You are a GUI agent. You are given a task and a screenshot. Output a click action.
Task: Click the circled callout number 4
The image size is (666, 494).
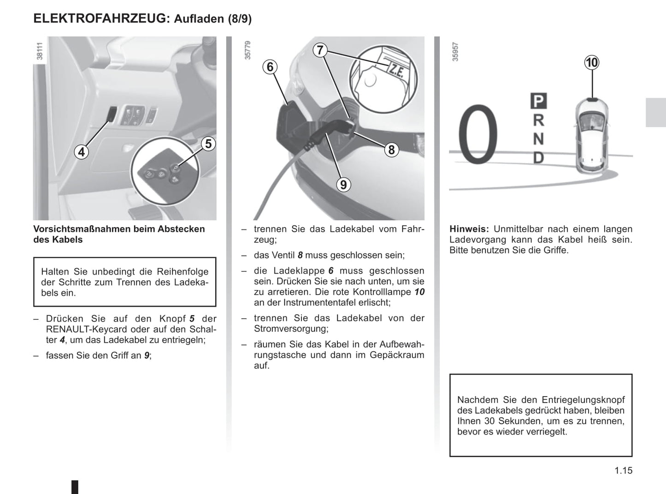pos(82,152)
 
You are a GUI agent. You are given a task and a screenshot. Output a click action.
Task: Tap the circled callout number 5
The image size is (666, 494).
pos(208,144)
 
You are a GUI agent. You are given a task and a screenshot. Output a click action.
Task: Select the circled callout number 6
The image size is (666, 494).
pos(271,67)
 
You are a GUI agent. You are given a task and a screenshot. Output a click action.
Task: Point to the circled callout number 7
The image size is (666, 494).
pos(320,50)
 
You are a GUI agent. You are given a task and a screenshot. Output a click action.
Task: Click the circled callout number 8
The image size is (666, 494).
pos(391,150)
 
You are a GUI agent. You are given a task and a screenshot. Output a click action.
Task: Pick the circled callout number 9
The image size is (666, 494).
pos(343,185)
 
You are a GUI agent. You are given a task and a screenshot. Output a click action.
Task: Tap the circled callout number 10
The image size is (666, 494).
pos(592,62)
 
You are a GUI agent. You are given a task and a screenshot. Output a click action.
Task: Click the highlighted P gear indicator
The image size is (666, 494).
pos(538,101)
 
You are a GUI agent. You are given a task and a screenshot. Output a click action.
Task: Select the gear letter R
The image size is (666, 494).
pos(538,120)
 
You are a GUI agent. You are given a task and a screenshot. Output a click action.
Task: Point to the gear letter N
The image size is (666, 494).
pos(538,139)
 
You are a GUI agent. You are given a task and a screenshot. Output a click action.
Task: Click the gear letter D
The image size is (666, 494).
pos(538,158)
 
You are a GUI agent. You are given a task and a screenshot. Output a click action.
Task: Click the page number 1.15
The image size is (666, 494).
pos(623,470)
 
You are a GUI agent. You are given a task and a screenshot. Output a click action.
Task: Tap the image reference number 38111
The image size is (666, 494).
pos(40,51)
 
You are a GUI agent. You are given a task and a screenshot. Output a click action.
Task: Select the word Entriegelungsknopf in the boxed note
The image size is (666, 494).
pos(583,400)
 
